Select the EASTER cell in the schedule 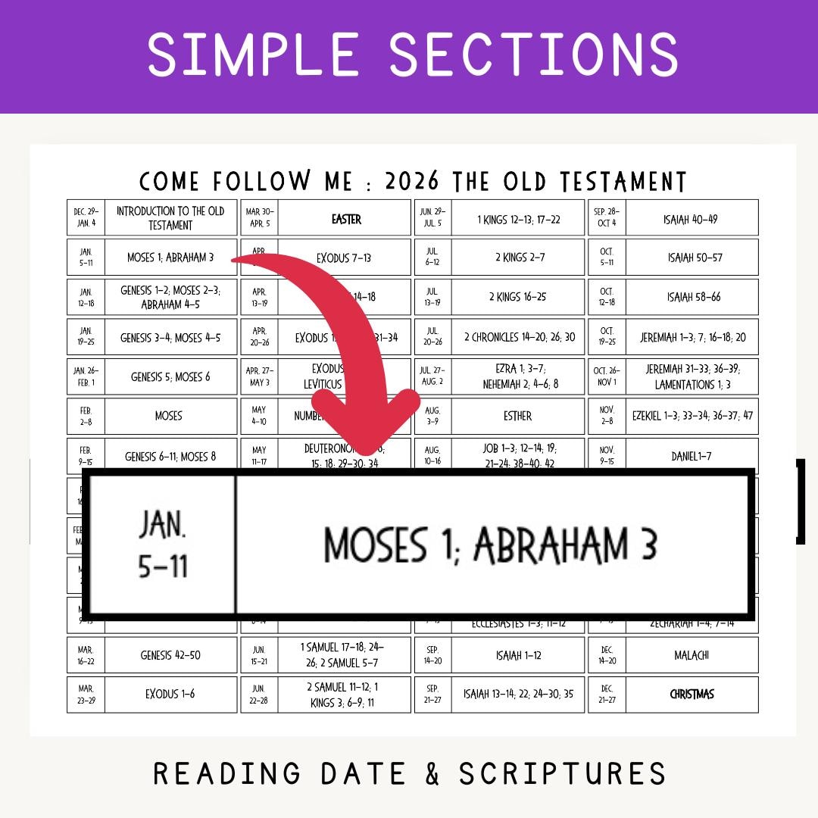346,219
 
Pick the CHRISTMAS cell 692,694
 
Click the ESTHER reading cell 517,416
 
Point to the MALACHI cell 692,655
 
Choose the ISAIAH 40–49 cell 692,219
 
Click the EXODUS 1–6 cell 170,694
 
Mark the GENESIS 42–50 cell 170,655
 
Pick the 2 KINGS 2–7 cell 517,258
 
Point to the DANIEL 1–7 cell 692,456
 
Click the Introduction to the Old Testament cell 170,218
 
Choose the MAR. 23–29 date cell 86,694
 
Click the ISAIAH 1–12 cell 517,655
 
